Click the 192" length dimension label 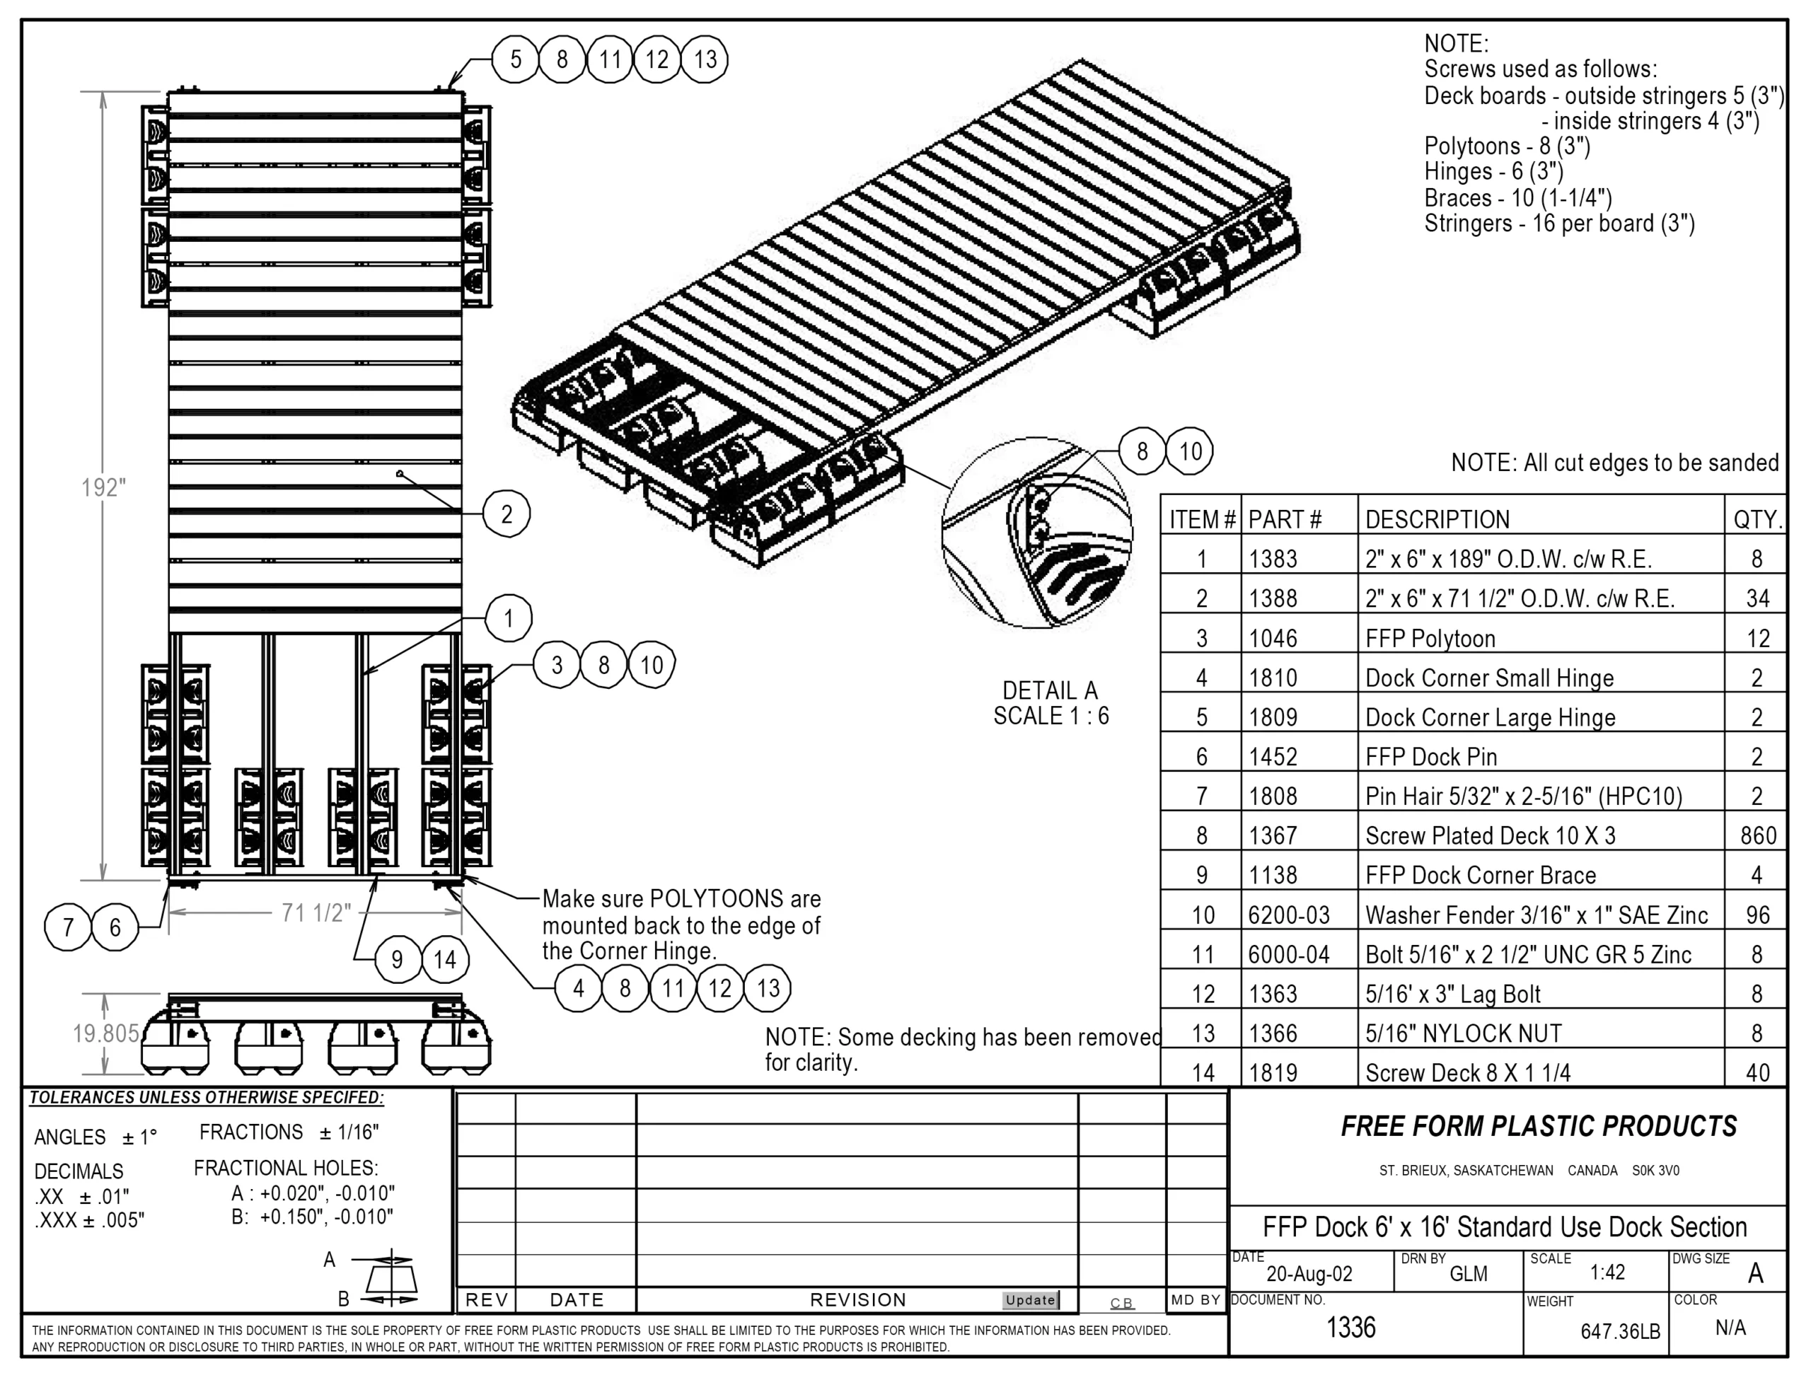[103, 488]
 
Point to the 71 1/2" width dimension [316, 912]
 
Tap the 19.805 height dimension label [106, 1033]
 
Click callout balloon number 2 [507, 514]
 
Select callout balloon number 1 [509, 617]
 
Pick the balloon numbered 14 [445, 959]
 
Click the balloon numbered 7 [68, 927]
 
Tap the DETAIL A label [1051, 691]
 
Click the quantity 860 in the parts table [1758, 835]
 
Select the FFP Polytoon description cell [1430, 638]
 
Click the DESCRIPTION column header [1437, 519]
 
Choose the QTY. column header [1758, 519]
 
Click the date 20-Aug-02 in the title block [1309, 1273]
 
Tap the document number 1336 [1351, 1328]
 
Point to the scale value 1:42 [1607, 1272]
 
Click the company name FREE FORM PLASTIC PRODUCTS [1539, 1126]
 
